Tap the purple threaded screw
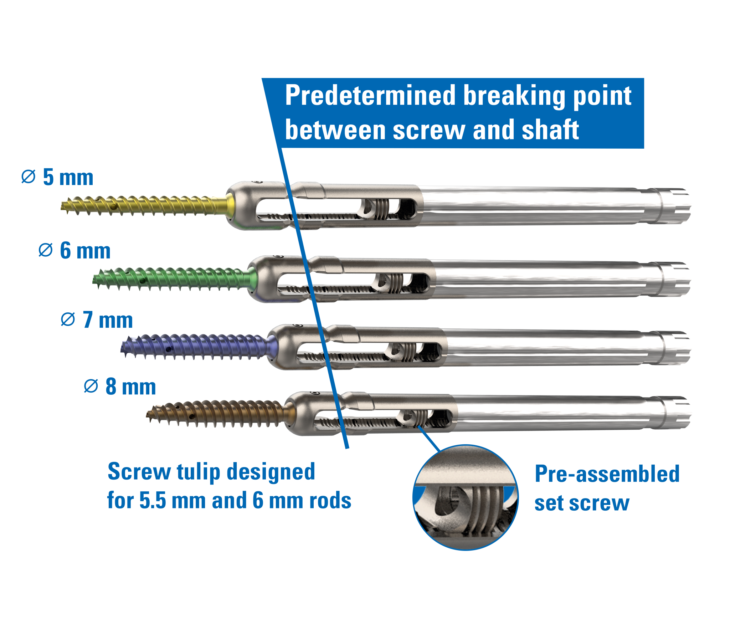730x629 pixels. [x=196, y=346]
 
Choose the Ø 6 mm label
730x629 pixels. [x=75, y=250]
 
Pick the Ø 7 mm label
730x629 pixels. [x=97, y=320]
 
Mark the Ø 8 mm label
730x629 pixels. [x=120, y=387]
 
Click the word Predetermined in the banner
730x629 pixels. [x=371, y=96]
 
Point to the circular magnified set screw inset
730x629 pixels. [x=465, y=497]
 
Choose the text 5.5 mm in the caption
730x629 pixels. [x=153, y=500]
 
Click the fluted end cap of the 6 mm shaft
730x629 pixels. [x=675, y=279]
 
